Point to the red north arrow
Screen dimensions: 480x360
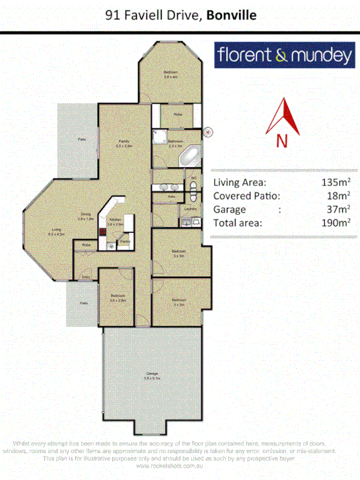[283, 117]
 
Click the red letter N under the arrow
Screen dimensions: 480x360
[282, 140]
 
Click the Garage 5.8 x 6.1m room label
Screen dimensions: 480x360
[152, 375]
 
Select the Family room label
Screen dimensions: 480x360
[124, 143]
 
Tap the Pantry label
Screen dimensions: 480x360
[125, 242]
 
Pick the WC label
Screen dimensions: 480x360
[194, 178]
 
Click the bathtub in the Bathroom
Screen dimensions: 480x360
[189, 156]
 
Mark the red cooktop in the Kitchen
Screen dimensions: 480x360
[103, 232]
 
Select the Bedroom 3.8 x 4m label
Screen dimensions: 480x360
[170, 74]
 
